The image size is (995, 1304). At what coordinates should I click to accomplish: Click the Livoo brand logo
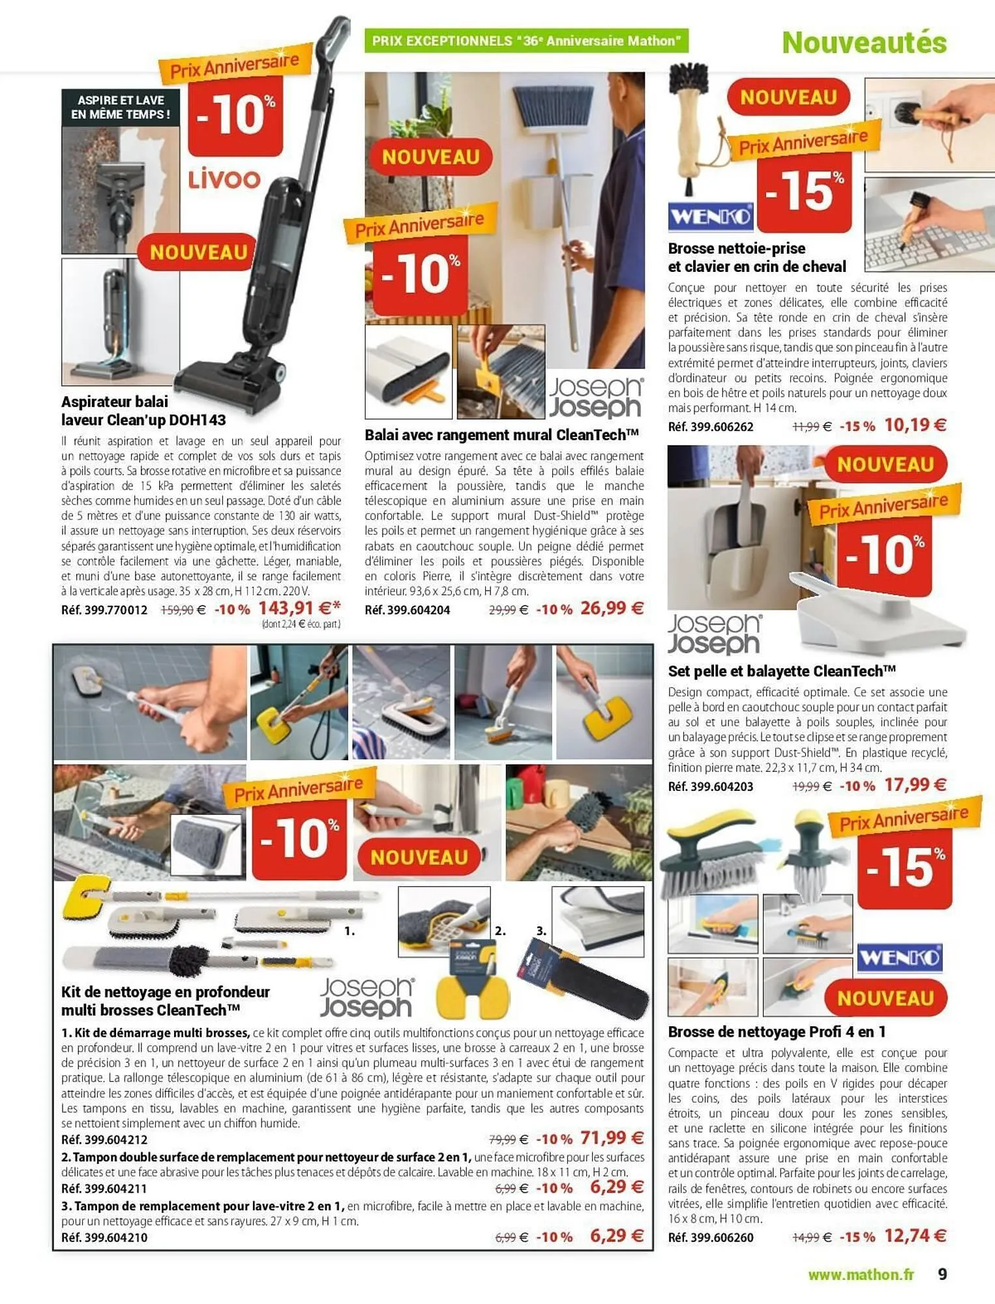point(224,179)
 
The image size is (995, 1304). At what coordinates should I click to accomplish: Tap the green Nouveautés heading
point(864,43)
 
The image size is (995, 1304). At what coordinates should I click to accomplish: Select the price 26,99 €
point(612,608)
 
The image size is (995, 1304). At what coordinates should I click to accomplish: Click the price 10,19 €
point(915,425)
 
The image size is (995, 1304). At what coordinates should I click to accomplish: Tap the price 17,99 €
point(915,784)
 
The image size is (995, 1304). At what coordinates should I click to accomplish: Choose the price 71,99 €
point(612,1138)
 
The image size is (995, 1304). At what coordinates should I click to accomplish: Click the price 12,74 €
point(915,1236)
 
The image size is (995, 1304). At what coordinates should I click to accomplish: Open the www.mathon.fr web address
point(861,1275)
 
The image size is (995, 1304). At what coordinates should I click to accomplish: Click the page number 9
point(942,1274)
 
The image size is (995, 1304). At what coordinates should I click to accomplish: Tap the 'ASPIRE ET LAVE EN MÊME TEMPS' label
point(121,108)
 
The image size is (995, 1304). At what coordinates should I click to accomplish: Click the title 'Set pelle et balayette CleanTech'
point(782,671)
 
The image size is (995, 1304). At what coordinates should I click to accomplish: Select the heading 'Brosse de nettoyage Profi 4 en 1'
point(777,1031)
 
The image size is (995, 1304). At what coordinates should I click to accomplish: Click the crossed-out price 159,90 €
point(183,610)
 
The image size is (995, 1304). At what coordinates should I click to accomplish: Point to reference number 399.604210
point(104,1237)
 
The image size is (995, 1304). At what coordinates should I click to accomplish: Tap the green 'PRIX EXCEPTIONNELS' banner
point(526,41)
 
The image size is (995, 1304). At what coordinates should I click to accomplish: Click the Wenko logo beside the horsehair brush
point(710,216)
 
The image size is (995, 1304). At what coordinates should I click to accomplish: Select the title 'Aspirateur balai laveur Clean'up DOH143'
point(143,411)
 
